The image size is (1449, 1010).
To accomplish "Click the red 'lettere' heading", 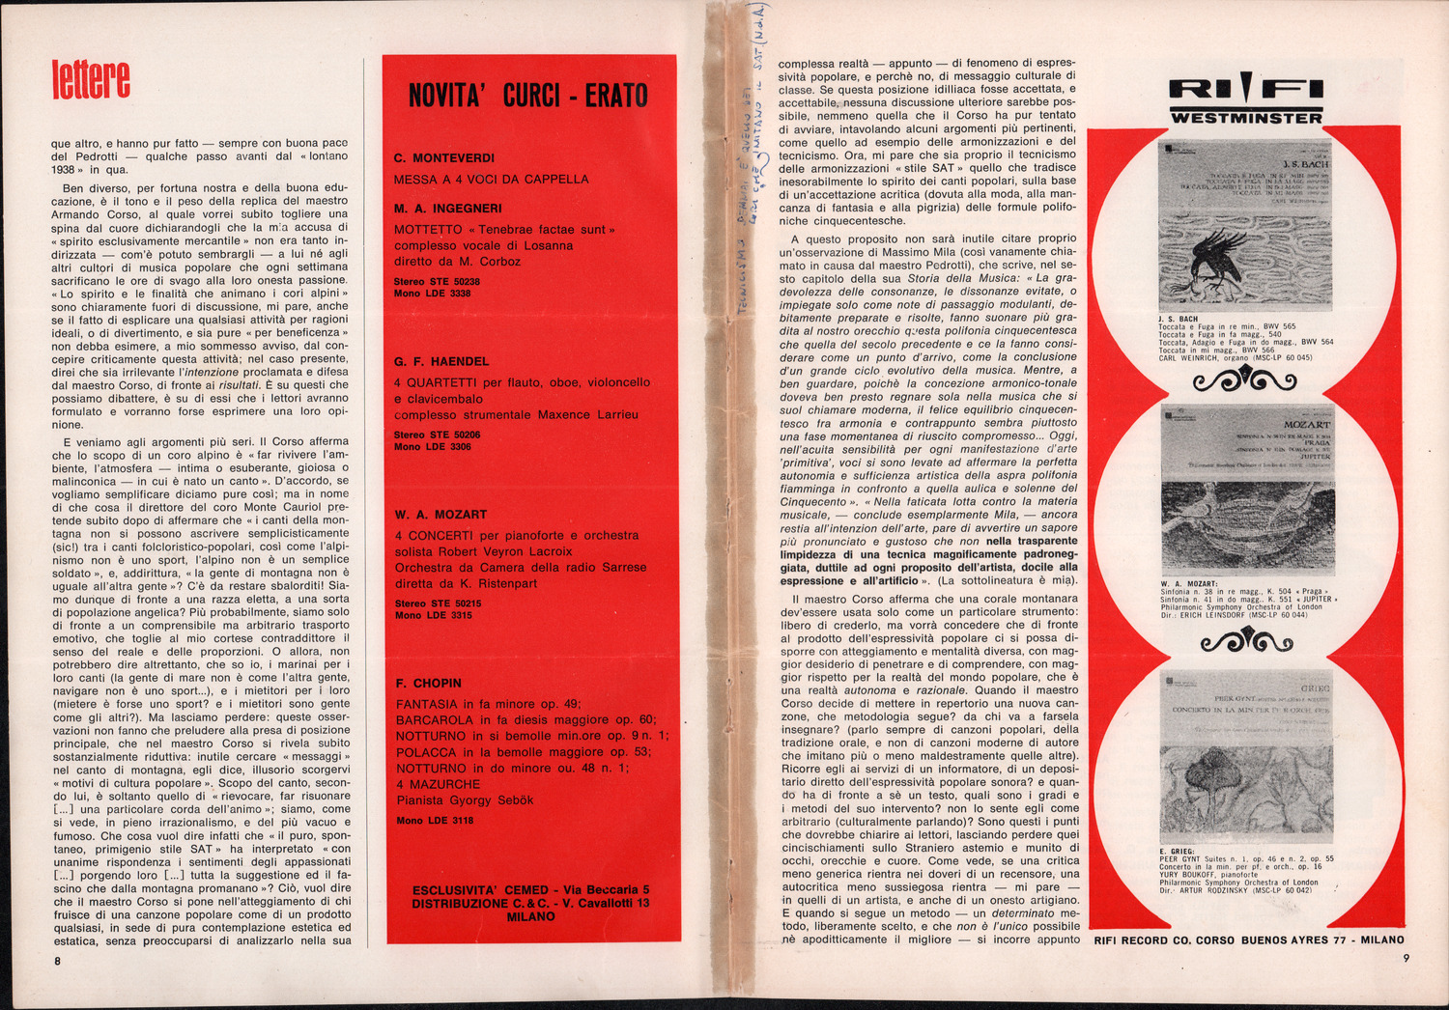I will click(x=90, y=79).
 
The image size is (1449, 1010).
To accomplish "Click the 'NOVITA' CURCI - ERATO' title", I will click(x=528, y=96).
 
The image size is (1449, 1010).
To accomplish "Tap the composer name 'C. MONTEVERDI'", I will click(x=444, y=158).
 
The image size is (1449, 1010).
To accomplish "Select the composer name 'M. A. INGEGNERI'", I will click(x=447, y=209).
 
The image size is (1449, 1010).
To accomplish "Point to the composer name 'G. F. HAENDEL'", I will click(x=441, y=362).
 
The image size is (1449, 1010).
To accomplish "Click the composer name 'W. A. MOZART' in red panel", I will click(x=440, y=515).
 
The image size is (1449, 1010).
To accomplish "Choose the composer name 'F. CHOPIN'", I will click(x=429, y=684).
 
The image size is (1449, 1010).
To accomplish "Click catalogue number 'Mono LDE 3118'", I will click(x=435, y=821).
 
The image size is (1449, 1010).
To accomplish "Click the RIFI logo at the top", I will click(x=1245, y=90).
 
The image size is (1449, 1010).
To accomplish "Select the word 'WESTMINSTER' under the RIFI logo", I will click(x=1245, y=118).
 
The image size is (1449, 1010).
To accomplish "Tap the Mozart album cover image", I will click(x=1245, y=492).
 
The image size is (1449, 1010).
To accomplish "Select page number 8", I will click(x=57, y=961).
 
